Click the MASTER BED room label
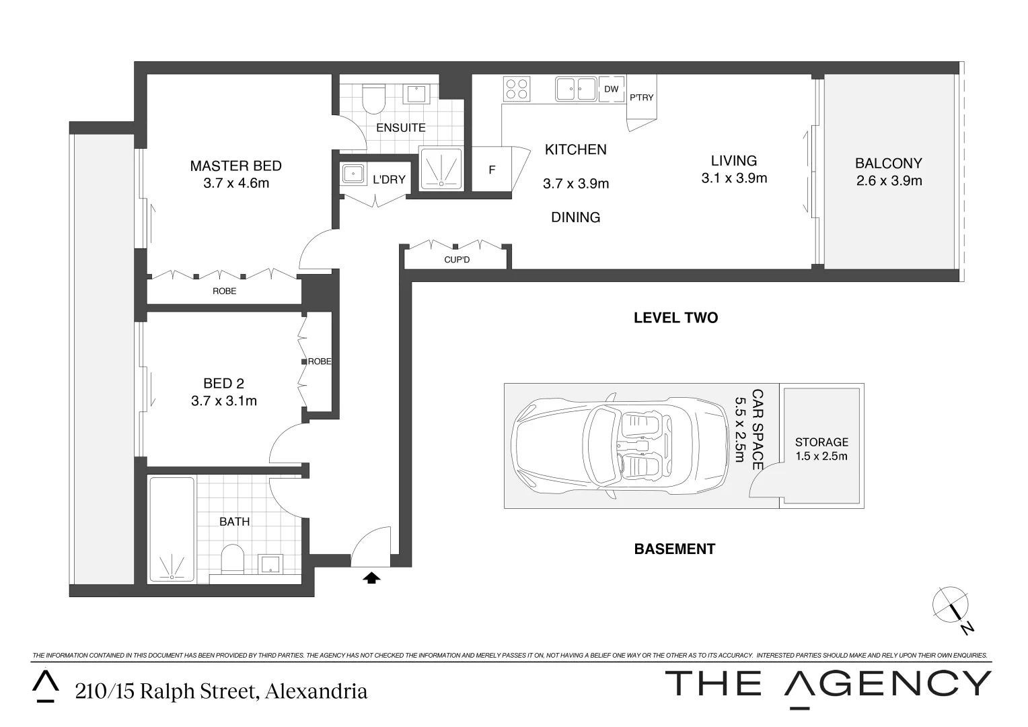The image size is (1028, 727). (235, 166)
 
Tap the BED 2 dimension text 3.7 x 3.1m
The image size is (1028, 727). (223, 401)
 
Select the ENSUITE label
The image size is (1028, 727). (400, 127)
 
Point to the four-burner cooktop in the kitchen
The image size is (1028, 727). (517, 89)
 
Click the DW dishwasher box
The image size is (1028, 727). (611, 90)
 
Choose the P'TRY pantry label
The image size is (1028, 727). (641, 98)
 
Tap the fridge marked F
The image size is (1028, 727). (492, 170)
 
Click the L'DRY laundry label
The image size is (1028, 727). (389, 179)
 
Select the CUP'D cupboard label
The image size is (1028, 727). (457, 259)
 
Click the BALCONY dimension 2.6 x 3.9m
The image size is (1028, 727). (889, 181)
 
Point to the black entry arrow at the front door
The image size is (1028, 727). (371, 577)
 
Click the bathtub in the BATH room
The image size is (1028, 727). (172, 529)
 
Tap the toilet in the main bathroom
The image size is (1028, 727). (232, 558)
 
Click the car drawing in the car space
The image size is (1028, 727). (619, 446)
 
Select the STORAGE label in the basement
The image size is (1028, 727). (821, 442)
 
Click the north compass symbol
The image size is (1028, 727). (951, 604)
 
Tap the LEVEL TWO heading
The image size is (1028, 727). (675, 318)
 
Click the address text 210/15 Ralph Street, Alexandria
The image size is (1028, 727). (221, 691)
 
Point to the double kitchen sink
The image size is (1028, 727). (576, 89)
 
